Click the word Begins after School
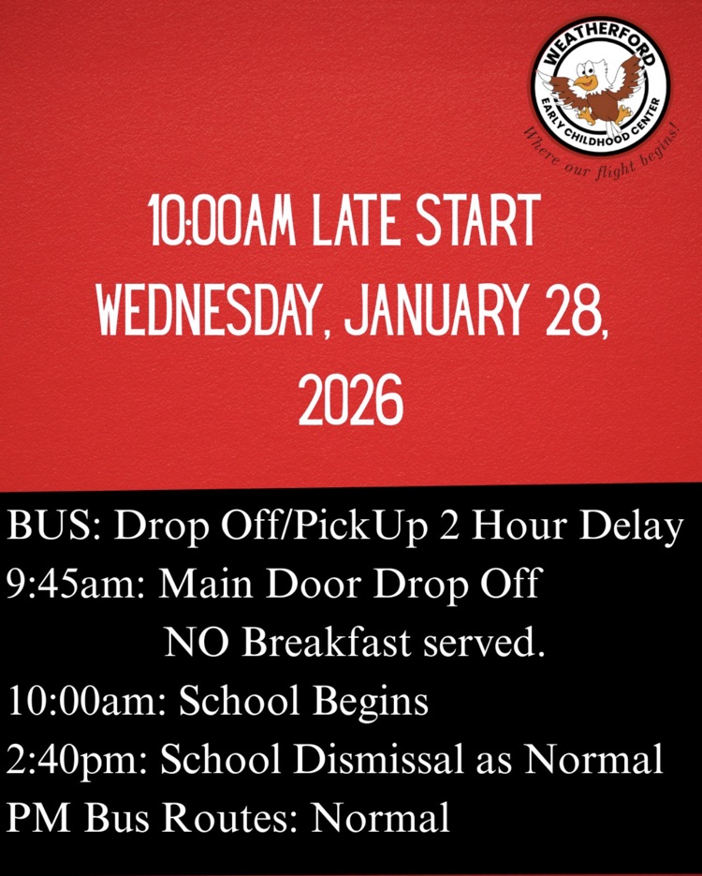(373, 702)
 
